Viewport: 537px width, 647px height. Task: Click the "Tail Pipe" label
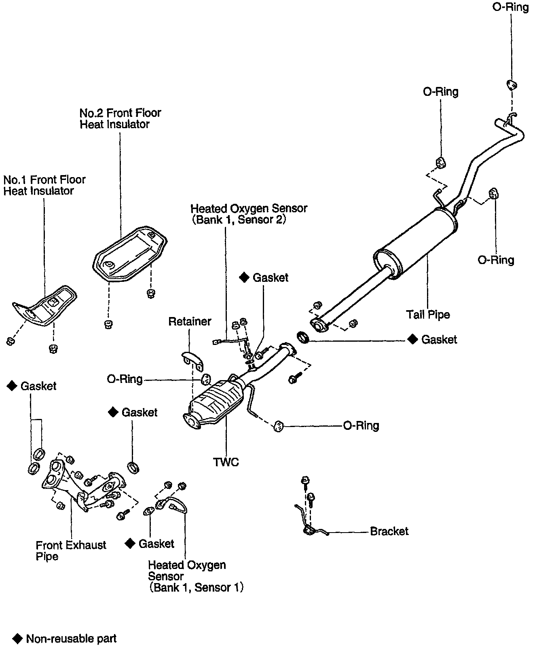point(428,314)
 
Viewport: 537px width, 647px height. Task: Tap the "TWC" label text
point(226,462)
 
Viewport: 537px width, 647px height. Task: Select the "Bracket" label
point(389,531)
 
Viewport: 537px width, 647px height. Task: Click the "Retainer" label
point(190,321)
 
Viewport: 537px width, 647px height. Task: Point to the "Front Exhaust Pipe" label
point(71,551)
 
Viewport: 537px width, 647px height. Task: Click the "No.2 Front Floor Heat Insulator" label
point(120,118)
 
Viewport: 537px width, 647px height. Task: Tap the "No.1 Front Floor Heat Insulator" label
point(44,185)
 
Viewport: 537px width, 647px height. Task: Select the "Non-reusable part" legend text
point(71,639)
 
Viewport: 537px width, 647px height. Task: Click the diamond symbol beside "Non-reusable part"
point(17,639)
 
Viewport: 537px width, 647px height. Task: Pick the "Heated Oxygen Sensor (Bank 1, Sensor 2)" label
point(249,214)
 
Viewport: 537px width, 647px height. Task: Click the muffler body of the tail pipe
point(414,243)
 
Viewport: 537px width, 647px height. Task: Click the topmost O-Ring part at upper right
point(512,85)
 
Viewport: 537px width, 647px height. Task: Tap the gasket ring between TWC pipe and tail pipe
point(303,337)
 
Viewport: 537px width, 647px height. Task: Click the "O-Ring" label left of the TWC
point(125,379)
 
